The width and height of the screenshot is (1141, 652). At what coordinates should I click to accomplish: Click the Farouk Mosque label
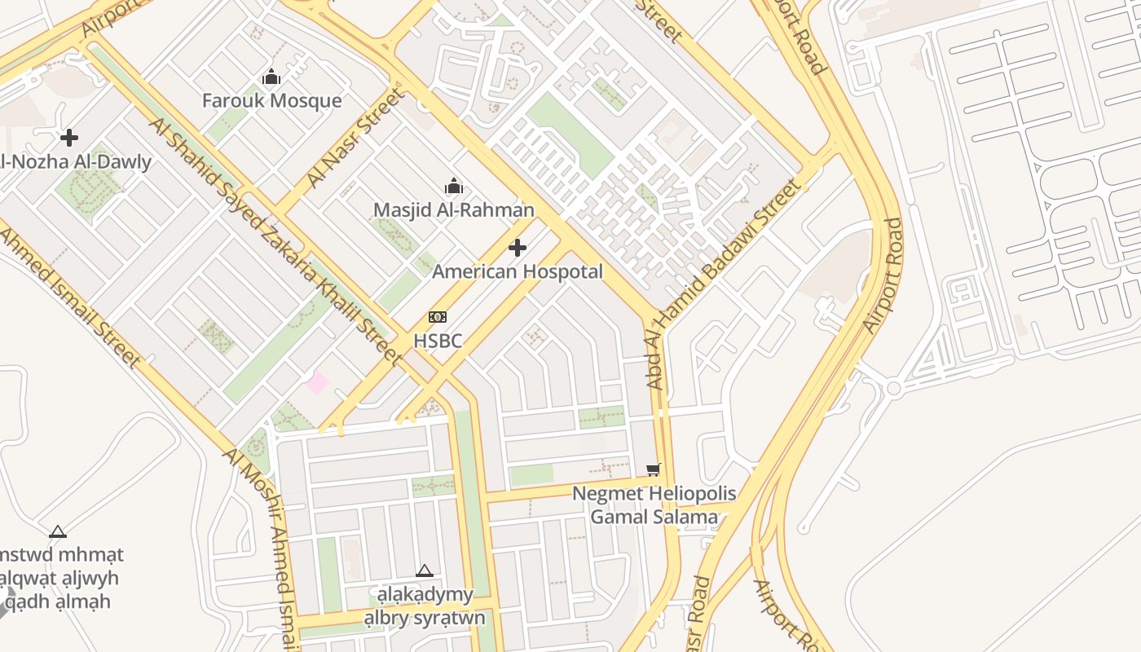(271, 101)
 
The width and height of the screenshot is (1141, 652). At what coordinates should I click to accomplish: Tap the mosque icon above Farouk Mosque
(271, 78)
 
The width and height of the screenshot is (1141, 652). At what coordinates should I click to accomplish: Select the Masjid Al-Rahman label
(453, 210)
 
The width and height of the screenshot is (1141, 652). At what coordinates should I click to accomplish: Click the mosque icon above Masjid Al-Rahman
(454, 187)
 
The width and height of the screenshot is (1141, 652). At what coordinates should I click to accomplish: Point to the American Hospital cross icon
(518, 248)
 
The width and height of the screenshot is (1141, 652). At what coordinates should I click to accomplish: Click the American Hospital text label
(518, 271)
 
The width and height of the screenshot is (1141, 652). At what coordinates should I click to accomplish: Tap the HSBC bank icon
(438, 317)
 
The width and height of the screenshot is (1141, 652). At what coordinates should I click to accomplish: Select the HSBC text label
(438, 341)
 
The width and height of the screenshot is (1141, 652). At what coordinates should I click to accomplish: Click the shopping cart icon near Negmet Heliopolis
(653, 469)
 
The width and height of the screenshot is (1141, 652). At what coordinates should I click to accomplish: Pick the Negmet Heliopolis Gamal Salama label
(654, 505)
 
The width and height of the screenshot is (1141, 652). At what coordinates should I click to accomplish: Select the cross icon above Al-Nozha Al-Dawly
(69, 138)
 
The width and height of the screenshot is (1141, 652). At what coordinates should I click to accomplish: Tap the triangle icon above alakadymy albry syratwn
(424, 571)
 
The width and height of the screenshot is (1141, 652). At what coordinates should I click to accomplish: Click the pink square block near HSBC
(317, 382)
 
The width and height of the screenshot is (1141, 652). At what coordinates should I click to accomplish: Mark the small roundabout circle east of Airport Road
(893, 388)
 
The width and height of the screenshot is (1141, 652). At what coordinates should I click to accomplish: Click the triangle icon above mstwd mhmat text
(58, 532)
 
